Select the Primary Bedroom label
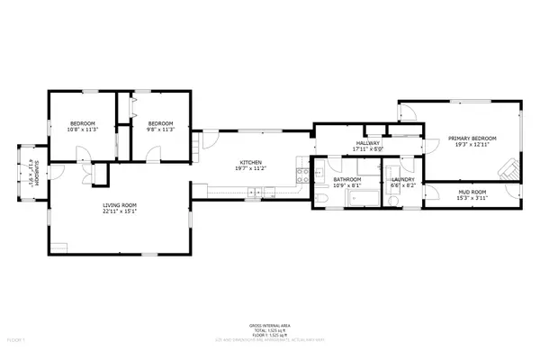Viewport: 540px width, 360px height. pyautogui.click(x=472, y=138)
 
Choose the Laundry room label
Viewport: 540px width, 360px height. pyautogui.click(x=401, y=179)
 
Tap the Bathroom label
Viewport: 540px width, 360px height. pyautogui.click(x=346, y=179)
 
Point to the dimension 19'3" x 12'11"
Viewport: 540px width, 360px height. pyautogui.click(x=472, y=144)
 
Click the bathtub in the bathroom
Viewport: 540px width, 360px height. pyautogui.click(x=357, y=198)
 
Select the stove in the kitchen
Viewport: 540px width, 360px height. pyautogui.click(x=256, y=190)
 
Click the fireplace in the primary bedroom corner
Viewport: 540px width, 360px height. pyautogui.click(x=511, y=167)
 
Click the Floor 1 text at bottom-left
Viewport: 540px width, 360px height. pyautogui.click(x=15, y=340)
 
